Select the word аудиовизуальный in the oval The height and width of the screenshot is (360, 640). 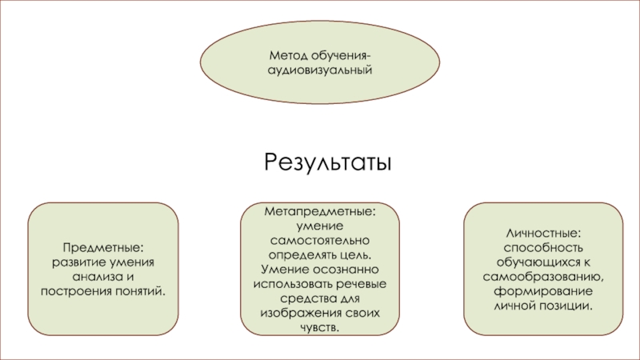pos(320,70)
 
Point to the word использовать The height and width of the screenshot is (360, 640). pos(290,284)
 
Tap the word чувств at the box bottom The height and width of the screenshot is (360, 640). pos(318,327)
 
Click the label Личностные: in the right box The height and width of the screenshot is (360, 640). pos(543,233)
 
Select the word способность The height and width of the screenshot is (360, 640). pos(543,247)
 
